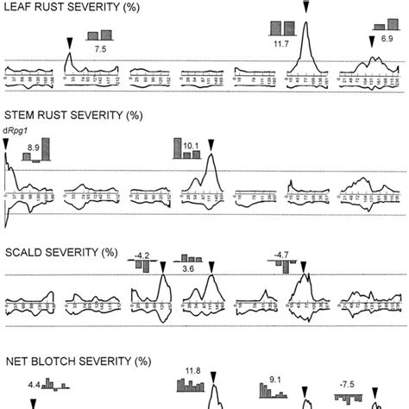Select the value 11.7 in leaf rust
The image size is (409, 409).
tap(280, 41)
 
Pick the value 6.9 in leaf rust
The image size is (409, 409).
tap(388, 40)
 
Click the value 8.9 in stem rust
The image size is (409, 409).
tap(34, 148)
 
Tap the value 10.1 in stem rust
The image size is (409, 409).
tap(192, 147)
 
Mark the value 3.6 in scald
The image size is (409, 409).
tap(187, 269)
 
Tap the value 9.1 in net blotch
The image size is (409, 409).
tap(274, 377)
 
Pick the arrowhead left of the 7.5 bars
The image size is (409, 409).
tap(70, 41)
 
